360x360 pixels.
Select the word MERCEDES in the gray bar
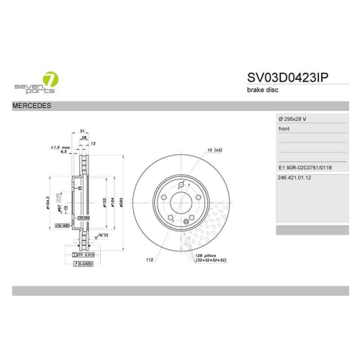tap(30, 106)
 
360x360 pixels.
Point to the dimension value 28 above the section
tap(84, 138)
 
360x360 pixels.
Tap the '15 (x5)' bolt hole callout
tap(214, 150)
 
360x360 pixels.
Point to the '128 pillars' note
tap(207, 256)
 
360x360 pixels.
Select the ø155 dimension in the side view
tap(103, 204)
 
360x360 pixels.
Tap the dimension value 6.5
tap(63, 153)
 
